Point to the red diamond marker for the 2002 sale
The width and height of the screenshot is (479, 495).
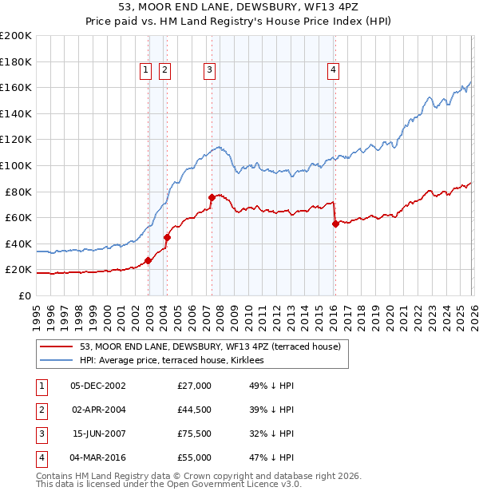[148, 260]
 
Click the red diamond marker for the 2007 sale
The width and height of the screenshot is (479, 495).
[212, 197]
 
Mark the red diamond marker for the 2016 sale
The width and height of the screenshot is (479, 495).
[335, 224]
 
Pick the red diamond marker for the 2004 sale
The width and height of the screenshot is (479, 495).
[168, 237]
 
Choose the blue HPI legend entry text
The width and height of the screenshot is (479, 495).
[176, 361]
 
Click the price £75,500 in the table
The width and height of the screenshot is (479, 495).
[195, 435]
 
